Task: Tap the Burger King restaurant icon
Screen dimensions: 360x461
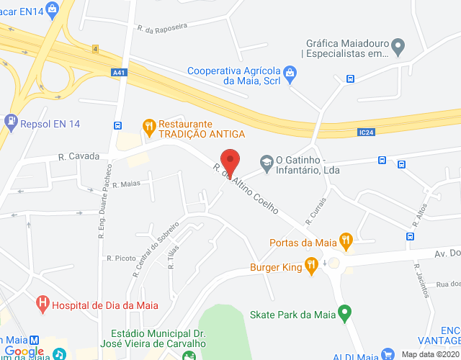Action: point(311,267)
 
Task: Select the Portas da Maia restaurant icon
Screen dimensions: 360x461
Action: point(346,241)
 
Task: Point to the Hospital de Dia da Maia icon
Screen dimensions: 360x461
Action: point(43,304)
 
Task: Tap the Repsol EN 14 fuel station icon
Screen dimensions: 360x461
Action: point(11,123)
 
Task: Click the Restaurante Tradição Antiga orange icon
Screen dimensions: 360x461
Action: point(149,128)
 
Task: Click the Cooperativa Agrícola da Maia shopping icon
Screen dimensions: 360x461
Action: point(290,72)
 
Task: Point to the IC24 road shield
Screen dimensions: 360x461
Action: point(367,132)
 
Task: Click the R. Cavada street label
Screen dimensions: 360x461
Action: point(74,156)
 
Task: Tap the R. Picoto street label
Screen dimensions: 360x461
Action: point(120,258)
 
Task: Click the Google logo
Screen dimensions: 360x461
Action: point(24,351)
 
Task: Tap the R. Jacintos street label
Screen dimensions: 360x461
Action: point(421,279)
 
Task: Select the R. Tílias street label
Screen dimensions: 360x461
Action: point(172,256)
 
